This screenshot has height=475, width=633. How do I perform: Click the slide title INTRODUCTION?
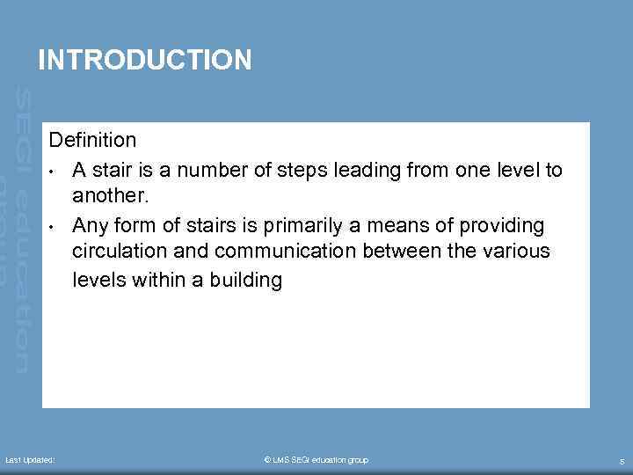tap(145, 60)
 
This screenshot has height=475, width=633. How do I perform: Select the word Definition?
tap(92, 140)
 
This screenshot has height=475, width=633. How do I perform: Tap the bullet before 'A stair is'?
tap(54, 170)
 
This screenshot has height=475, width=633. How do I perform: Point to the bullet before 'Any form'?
tap(54, 225)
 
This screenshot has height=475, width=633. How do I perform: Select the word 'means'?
tap(408, 224)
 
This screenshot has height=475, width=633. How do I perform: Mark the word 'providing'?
tap(504, 225)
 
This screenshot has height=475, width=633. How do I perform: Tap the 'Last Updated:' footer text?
tap(31, 460)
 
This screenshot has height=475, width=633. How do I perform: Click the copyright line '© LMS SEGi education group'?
tap(316, 460)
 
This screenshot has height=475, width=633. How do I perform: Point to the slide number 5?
tap(622, 461)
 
